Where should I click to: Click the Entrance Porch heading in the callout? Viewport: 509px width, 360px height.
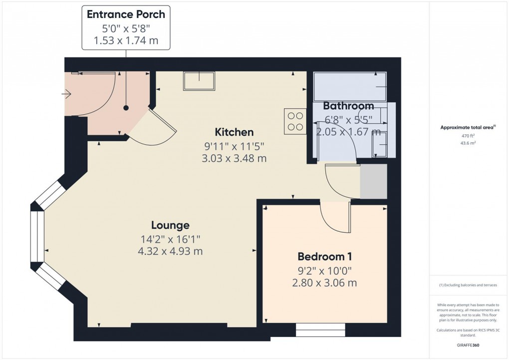pyautogui.click(x=126, y=14)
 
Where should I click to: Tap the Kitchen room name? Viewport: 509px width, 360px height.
pyautogui.click(x=234, y=132)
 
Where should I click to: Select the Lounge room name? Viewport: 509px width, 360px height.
pyautogui.click(x=171, y=225)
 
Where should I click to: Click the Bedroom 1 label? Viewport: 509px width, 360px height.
pyautogui.click(x=325, y=257)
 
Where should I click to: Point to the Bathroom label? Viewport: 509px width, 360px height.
pyautogui.click(x=348, y=106)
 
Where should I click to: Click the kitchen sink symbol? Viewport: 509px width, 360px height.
pyautogui.click(x=199, y=80)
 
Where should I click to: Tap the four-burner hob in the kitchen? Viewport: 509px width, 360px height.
pyautogui.click(x=295, y=121)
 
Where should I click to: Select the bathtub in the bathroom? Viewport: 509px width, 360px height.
pyautogui.click(x=350, y=86)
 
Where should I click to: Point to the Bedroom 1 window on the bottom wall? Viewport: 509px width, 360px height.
pyautogui.click(x=320, y=330)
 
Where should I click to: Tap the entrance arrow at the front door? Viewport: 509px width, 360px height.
pyautogui.click(x=67, y=93)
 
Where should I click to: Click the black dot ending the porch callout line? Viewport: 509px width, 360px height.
pyautogui.click(x=126, y=108)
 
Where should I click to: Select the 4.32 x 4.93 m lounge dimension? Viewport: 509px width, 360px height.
pyautogui.click(x=170, y=251)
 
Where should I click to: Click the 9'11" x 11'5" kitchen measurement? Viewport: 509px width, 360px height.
pyautogui.click(x=234, y=146)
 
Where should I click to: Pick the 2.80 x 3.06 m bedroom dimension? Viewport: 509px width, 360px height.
pyautogui.click(x=325, y=283)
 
